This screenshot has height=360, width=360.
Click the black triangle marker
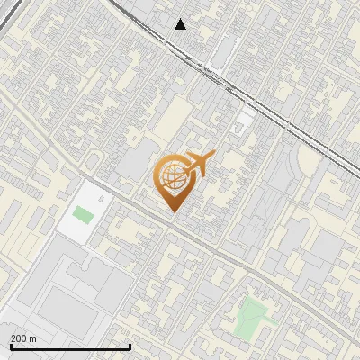pyautogui.click(x=181, y=24)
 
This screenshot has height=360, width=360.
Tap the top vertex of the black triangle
pyautogui.click(x=181, y=19)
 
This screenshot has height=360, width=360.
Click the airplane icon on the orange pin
pyautogui.click(x=197, y=166)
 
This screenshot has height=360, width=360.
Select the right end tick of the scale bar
pyautogui.click(x=130, y=346)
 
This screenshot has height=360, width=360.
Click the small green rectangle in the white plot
pyautogui.click(x=83, y=215)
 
